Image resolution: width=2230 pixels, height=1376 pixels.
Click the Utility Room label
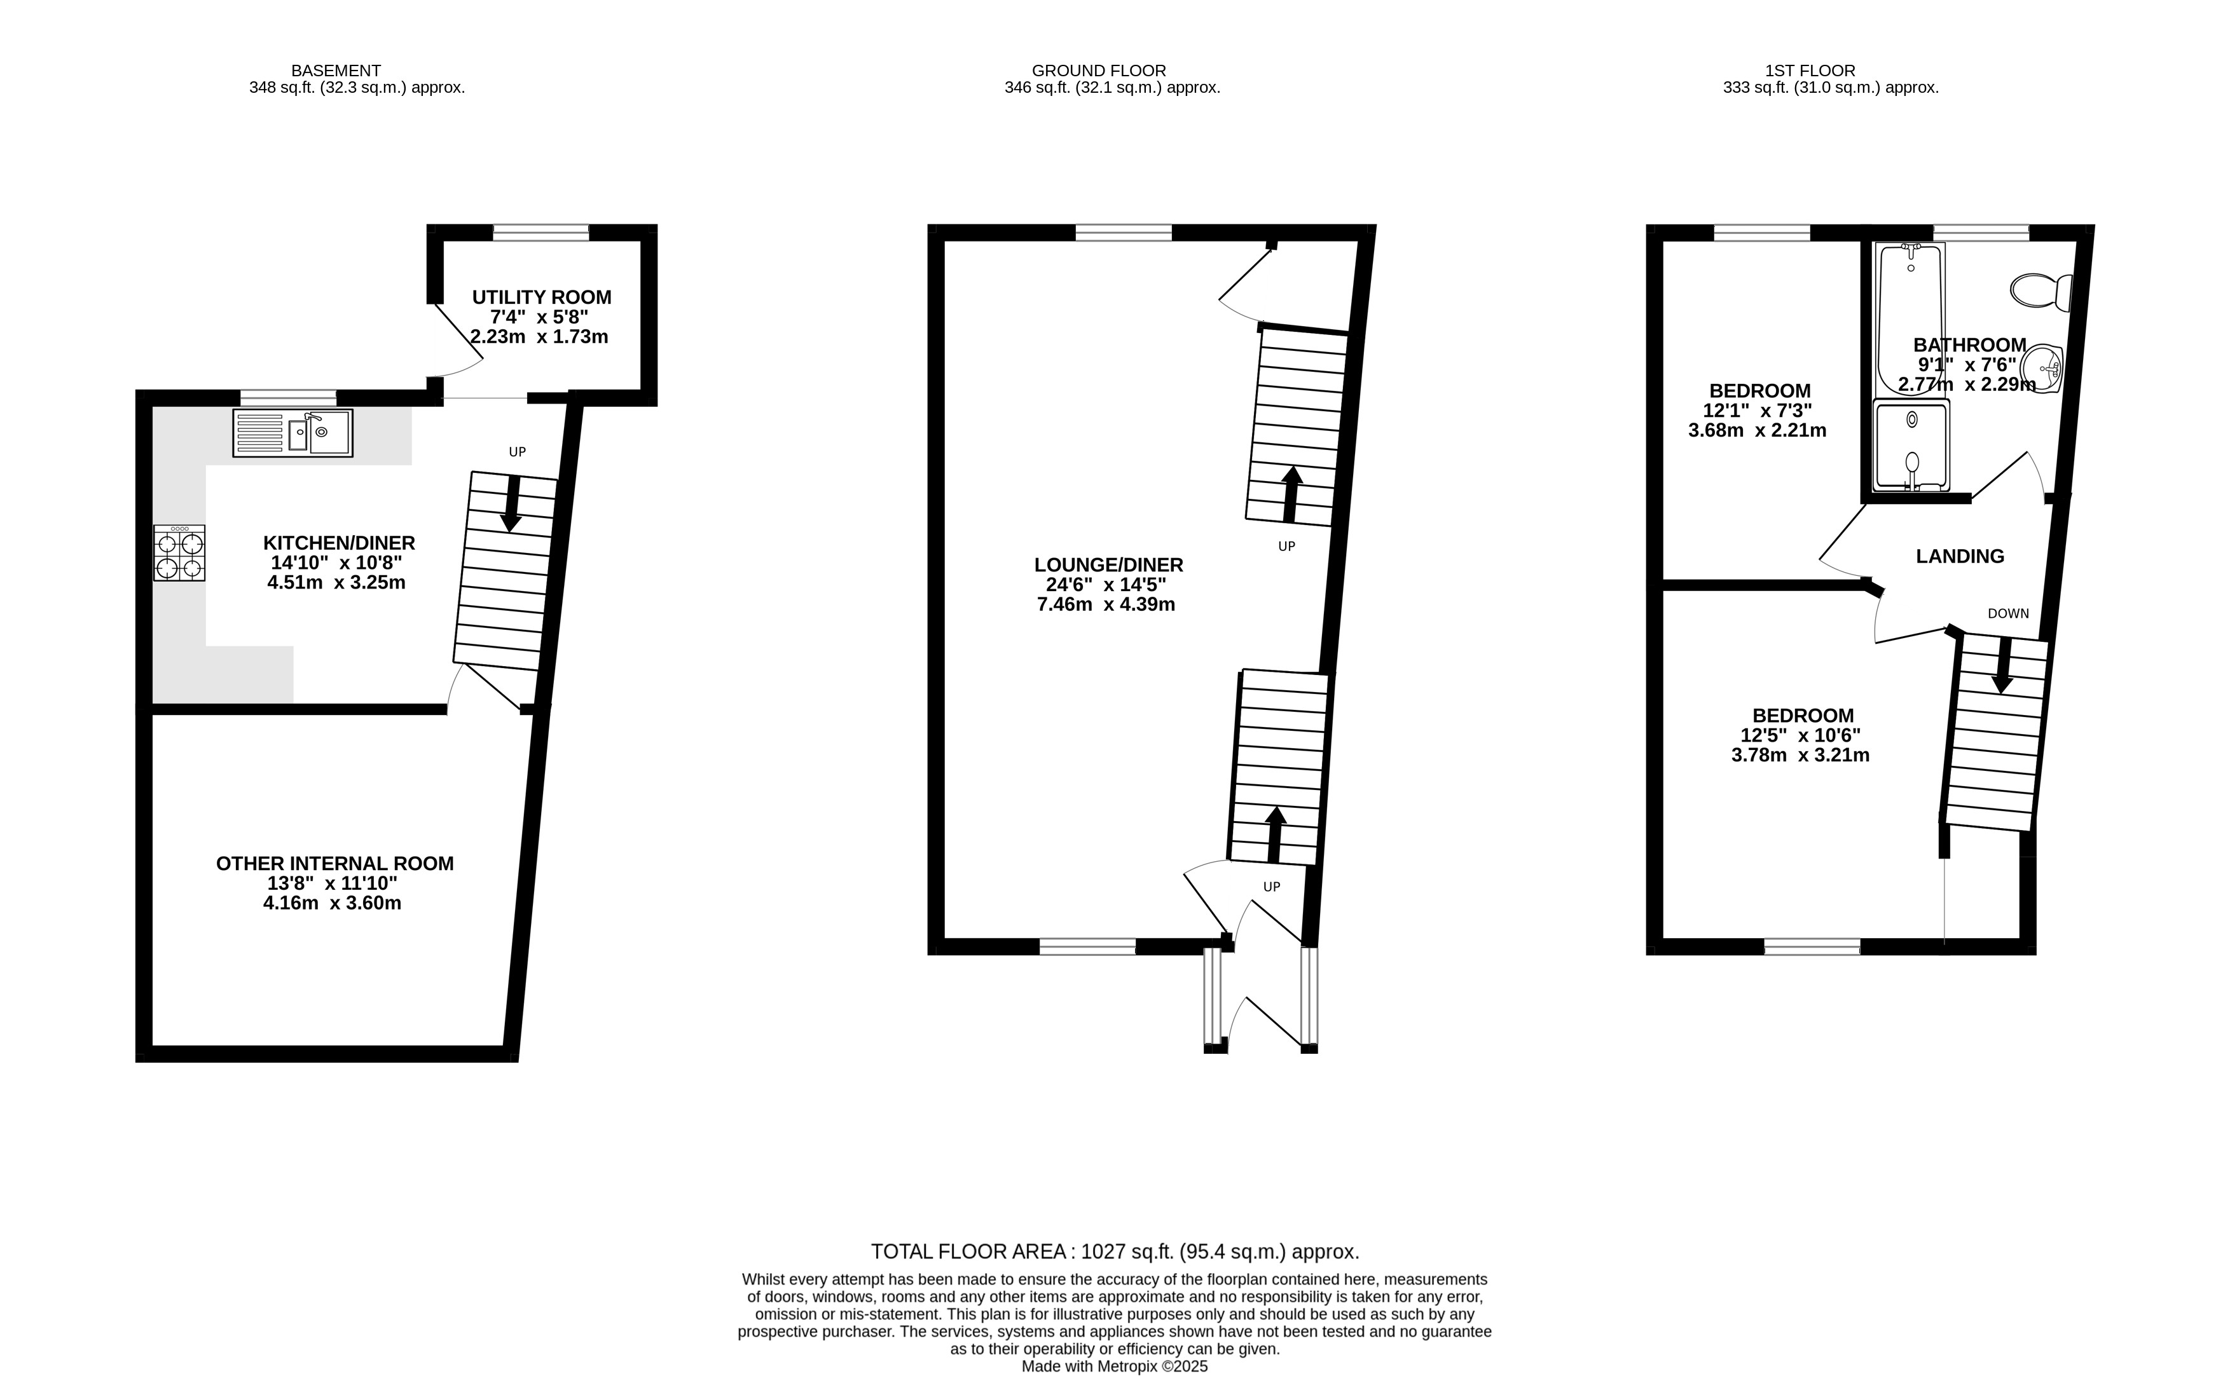click(x=542, y=297)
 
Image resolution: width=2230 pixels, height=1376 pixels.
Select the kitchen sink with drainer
click(x=292, y=433)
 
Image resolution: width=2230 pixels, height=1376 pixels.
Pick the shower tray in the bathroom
click(x=1911, y=446)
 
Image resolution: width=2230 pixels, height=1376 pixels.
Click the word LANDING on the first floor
click(x=1960, y=556)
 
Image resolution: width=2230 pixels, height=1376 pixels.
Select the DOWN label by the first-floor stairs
click(x=2008, y=613)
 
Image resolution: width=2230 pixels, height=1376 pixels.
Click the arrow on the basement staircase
click(x=511, y=503)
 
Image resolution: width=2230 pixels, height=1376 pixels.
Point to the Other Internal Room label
click(x=335, y=864)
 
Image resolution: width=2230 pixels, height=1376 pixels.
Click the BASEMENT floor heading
click(x=336, y=70)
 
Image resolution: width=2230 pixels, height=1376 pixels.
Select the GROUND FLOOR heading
click(x=1099, y=70)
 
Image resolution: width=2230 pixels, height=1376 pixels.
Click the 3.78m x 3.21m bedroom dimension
click(x=1800, y=755)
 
